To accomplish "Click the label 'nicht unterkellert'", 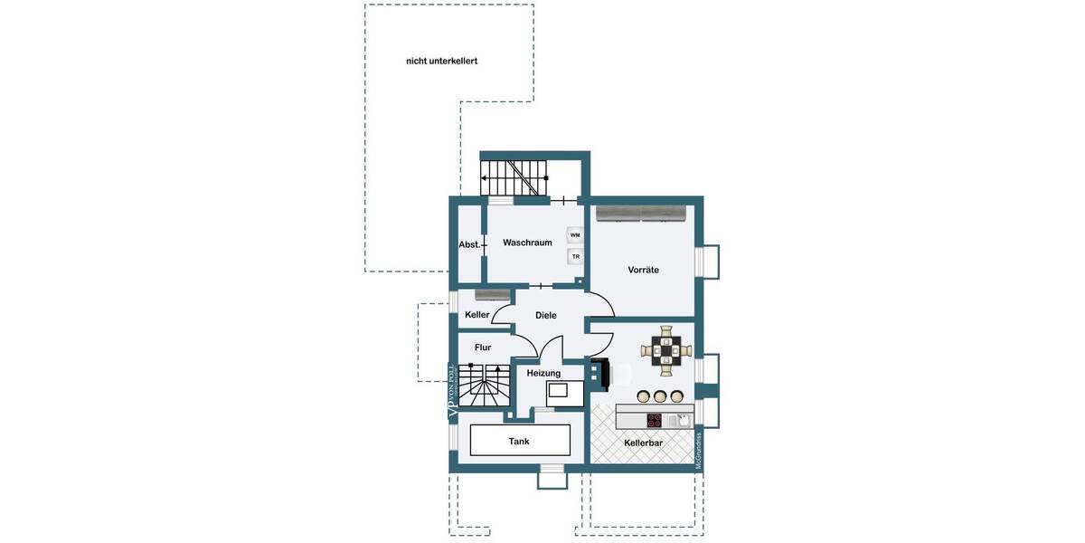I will (441, 62).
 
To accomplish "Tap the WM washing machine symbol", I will (574, 235).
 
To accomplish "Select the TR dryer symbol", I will (574, 257).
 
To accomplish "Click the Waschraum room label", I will (527, 243).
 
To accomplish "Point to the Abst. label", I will (468, 244).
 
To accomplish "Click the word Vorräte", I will (643, 270).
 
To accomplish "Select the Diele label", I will (545, 315).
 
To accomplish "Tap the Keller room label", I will (476, 315).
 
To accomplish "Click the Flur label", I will (483, 347).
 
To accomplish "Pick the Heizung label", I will (543, 373).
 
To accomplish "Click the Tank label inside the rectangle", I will (519, 441).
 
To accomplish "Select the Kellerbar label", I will (643, 443).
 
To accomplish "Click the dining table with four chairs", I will (667, 349).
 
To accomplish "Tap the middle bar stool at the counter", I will (660, 395).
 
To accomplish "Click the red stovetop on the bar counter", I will (655, 420).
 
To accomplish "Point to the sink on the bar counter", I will (681, 419).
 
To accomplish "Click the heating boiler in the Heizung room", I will (558, 392).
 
